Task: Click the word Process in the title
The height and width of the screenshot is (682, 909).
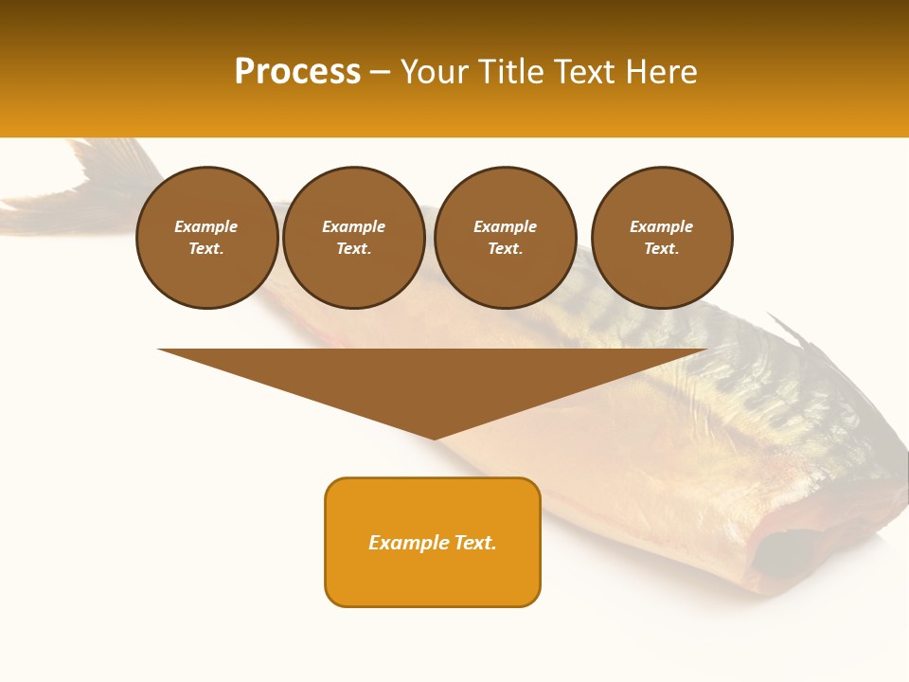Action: tap(297, 72)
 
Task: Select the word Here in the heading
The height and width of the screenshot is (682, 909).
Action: tap(662, 72)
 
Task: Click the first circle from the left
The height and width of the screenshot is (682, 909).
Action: tap(207, 238)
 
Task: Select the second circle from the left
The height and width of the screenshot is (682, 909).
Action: tap(354, 238)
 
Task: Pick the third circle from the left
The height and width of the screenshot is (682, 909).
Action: tap(506, 238)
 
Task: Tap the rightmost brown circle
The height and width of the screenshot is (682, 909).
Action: tap(662, 238)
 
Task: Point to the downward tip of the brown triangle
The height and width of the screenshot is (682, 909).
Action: tap(434, 437)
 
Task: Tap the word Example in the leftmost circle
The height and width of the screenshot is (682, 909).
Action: tap(206, 226)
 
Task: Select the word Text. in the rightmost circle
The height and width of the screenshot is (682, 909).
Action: tap(662, 249)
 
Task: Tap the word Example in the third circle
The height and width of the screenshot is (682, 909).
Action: tap(506, 226)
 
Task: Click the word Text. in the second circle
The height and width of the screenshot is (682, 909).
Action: tap(354, 249)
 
